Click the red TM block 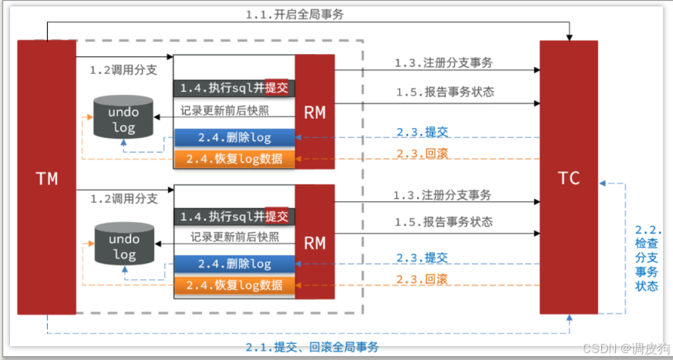click(x=46, y=178)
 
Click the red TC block click(x=568, y=178)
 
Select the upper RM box click(x=315, y=112)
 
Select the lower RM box click(x=315, y=244)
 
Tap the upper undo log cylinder click(x=123, y=117)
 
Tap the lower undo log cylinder click(x=123, y=246)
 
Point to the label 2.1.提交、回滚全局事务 click(x=312, y=347)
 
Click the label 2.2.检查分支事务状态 click(x=648, y=258)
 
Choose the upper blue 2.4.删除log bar click(x=234, y=138)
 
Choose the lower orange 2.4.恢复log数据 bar click(x=234, y=285)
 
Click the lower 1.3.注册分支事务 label click(x=442, y=196)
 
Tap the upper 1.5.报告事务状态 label click(x=445, y=92)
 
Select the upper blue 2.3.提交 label click(x=422, y=131)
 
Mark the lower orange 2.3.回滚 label click(x=422, y=279)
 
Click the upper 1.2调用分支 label click(x=123, y=70)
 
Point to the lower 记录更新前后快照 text click(x=231, y=237)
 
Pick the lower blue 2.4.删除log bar click(x=234, y=264)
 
